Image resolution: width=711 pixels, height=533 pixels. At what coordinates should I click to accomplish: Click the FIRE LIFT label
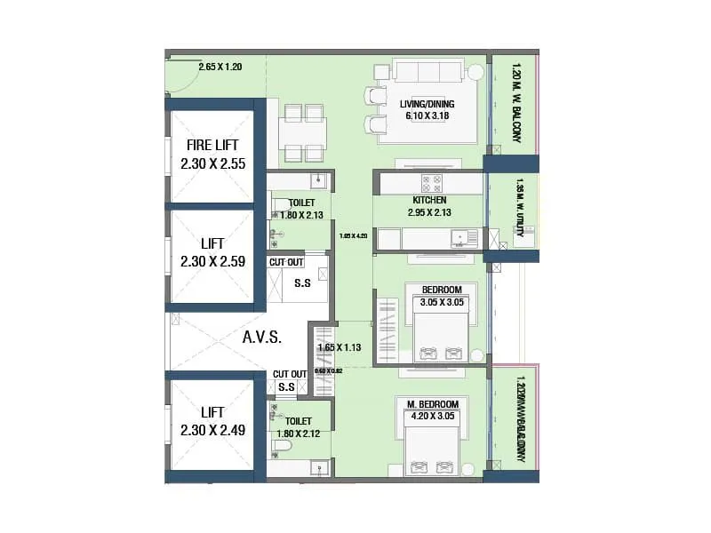click(x=212, y=145)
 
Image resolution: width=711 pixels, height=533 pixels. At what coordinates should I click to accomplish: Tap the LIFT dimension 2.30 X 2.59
click(x=212, y=261)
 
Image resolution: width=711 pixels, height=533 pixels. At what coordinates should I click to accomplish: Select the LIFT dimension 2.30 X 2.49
click(x=212, y=430)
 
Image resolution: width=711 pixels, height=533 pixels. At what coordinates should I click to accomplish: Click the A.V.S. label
click(x=261, y=338)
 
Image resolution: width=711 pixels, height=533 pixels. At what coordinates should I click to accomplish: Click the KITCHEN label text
click(x=429, y=201)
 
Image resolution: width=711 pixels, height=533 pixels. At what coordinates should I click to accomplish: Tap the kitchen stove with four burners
click(x=432, y=183)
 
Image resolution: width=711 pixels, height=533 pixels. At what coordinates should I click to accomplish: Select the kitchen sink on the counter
click(x=460, y=238)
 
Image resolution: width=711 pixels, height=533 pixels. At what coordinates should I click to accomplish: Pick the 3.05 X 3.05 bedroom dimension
click(x=441, y=302)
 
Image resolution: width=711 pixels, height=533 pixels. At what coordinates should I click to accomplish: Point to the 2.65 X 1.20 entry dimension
click(x=220, y=67)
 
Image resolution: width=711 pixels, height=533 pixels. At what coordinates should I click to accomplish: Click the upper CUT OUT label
click(x=286, y=262)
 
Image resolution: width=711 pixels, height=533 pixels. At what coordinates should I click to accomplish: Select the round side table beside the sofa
click(x=476, y=72)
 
